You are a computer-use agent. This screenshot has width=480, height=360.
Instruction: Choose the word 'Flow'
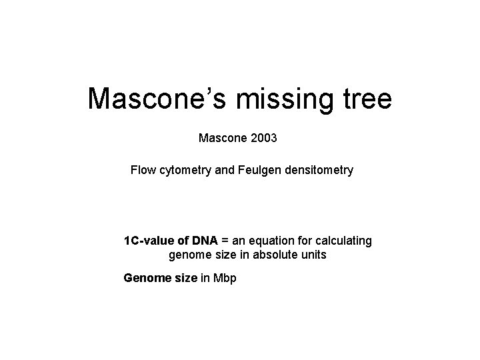(143, 171)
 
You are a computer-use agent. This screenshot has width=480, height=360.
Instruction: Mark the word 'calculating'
(343, 240)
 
